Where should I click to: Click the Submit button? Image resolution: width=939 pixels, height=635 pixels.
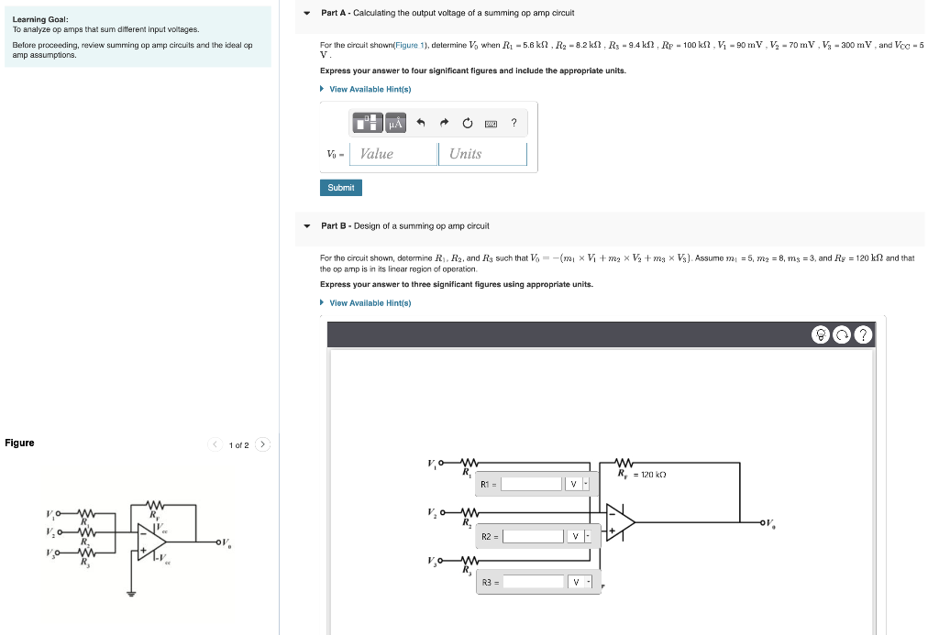pos(340,187)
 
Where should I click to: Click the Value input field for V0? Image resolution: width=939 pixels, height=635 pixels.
pos(396,154)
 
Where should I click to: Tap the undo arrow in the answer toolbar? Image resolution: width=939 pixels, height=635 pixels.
pos(421,123)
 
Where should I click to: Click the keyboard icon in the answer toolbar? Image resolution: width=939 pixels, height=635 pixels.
pos(491,123)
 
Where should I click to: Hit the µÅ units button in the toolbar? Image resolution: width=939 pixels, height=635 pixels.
pos(395,123)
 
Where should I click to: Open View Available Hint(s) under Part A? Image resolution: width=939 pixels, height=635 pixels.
pos(370,89)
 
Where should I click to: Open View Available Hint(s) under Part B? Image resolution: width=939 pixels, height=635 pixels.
pos(370,302)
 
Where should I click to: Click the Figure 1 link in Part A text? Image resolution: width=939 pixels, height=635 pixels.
pos(410,45)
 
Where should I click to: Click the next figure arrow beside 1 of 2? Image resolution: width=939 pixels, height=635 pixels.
pos(262,444)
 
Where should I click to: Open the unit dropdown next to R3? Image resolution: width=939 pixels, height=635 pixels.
pos(580,581)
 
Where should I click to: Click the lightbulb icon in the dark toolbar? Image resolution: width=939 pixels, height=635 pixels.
pos(822,335)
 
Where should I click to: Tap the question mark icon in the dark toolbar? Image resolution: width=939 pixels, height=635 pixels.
pos(863,335)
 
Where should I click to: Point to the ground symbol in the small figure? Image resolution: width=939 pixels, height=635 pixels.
pos(130,593)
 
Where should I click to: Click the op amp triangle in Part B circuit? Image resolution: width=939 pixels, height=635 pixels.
pos(620,521)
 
